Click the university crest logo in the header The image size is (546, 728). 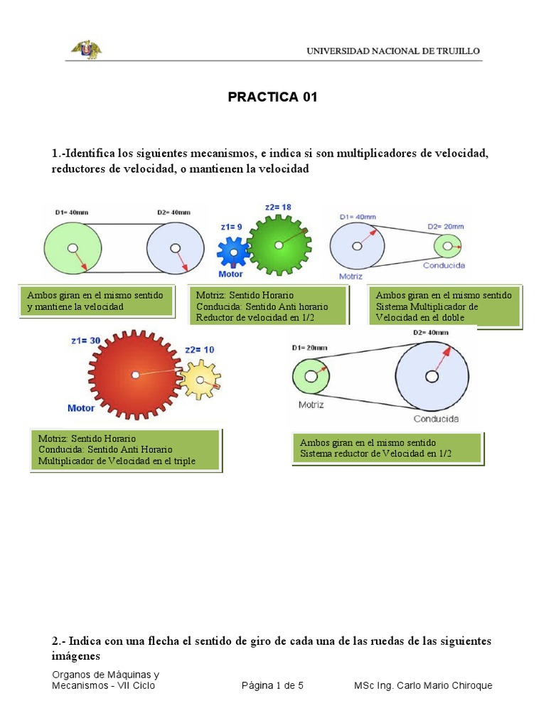click(x=86, y=49)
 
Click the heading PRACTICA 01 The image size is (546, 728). click(x=272, y=97)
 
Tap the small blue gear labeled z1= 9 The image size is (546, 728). click(x=232, y=252)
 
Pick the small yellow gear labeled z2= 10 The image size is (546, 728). click(x=200, y=380)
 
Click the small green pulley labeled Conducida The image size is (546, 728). click(x=447, y=246)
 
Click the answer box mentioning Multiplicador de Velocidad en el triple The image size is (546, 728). click(x=126, y=450)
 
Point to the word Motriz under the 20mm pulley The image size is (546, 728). click(x=311, y=405)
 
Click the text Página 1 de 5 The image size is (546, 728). click(x=272, y=685)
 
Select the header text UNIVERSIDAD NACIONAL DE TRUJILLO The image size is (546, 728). click(x=393, y=51)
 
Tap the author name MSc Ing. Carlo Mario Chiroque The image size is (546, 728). click(x=423, y=685)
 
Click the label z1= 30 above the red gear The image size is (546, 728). click(x=81, y=341)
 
